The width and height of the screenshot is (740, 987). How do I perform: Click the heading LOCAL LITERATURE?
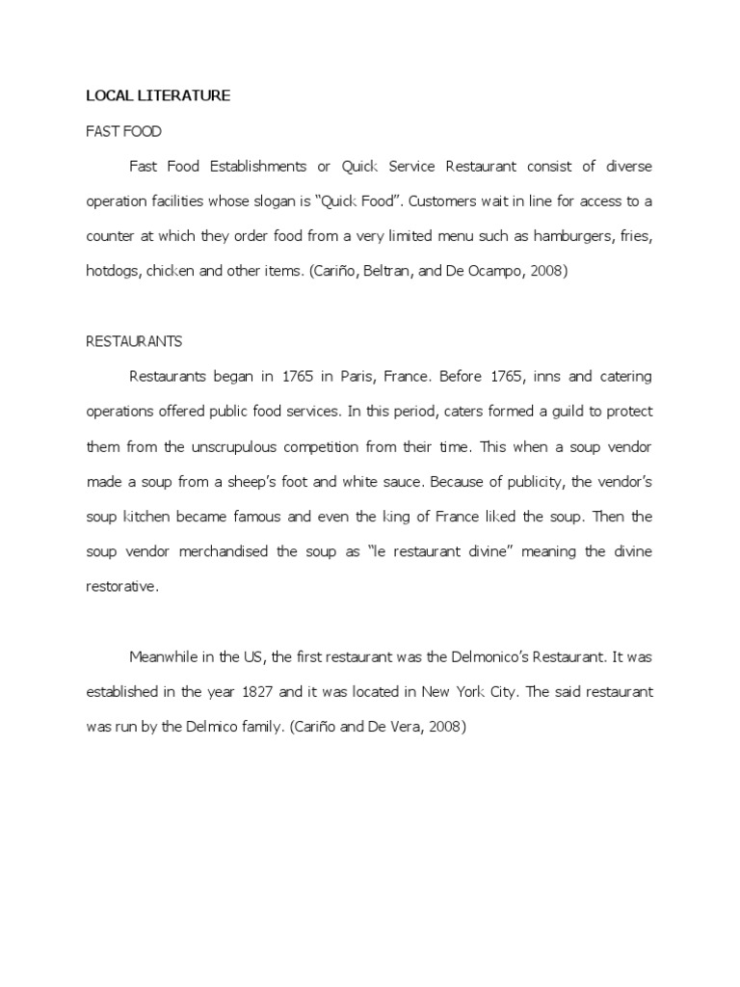pyautogui.click(x=158, y=95)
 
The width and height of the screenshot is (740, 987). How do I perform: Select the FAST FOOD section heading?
pyautogui.click(x=123, y=131)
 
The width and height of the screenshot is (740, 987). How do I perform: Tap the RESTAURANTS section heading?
pyautogui.click(x=134, y=341)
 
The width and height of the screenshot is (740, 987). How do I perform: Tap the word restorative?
pyautogui.click(x=120, y=586)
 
